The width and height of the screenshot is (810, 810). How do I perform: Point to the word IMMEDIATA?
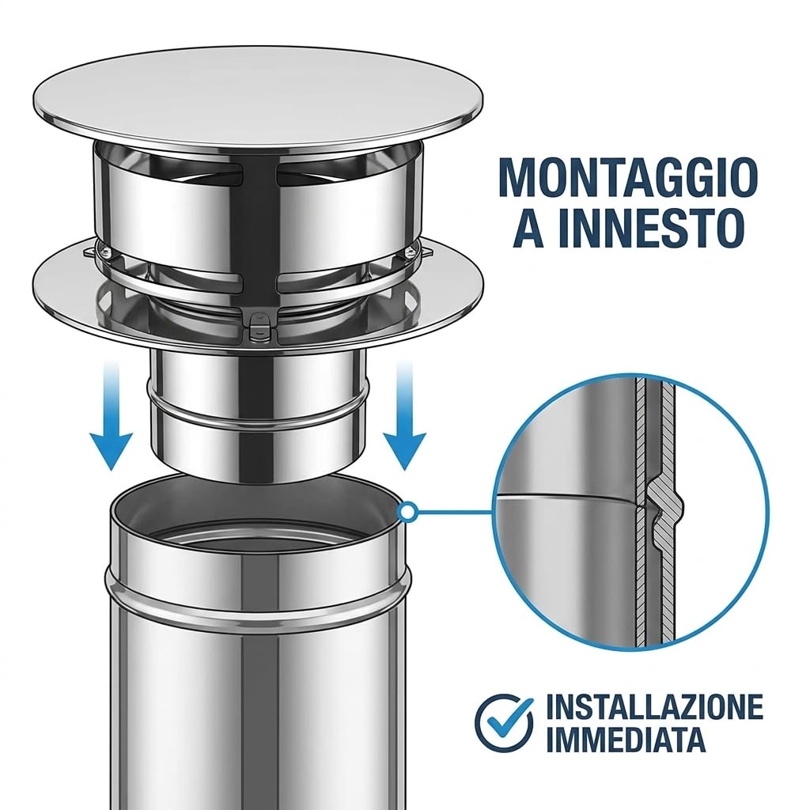626,739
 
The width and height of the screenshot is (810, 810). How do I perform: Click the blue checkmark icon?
504,723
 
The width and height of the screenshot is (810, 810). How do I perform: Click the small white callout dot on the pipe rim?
407,512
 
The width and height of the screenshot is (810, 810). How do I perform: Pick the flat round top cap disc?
259,97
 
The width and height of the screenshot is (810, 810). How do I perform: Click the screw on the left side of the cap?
106,252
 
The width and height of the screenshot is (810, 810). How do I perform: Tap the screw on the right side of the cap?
410,252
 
